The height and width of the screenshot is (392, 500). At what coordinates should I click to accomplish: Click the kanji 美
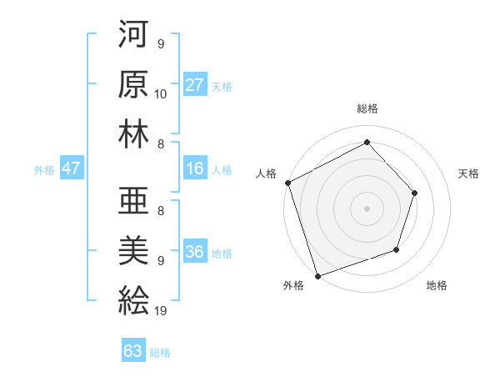pyautogui.click(x=133, y=249)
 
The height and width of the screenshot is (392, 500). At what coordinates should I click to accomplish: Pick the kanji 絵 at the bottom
pyautogui.click(x=133, y=299)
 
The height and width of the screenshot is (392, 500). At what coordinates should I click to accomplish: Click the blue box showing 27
pyautogui.click(x=195, y=85)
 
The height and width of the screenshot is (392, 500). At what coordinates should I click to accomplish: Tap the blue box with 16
pyautogui.click(x=195, y=169)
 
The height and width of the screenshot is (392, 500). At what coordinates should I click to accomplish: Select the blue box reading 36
pyautogui.click(x=195, y=253)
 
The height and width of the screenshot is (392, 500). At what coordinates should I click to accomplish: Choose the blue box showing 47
pyautogui.click(x=72, y=169)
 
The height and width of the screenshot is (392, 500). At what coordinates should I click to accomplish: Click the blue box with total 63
pyautogui.click(x=133, y=351)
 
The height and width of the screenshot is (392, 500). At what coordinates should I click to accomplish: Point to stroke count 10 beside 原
pyautogui.click(x=161, y=93)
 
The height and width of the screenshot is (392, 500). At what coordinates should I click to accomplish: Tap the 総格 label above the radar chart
pyautogui.click(x=367, y=108)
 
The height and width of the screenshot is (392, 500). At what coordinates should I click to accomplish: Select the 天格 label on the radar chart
pyautogui.click(x=469, y=173)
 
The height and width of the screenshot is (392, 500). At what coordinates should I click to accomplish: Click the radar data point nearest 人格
pyautogui.click(x=287, y=183)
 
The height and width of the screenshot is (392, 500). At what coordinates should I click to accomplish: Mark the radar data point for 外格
pyautogui.click(x=317, y=275)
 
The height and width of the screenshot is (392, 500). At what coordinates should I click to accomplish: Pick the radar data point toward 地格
pyautogui.click(x=397, y=249)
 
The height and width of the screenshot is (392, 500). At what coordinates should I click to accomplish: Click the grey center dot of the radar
pyautogui.click(x=367, y=208)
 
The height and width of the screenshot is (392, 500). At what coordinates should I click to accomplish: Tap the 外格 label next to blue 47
pyautogui.click(x=44, y=170)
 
